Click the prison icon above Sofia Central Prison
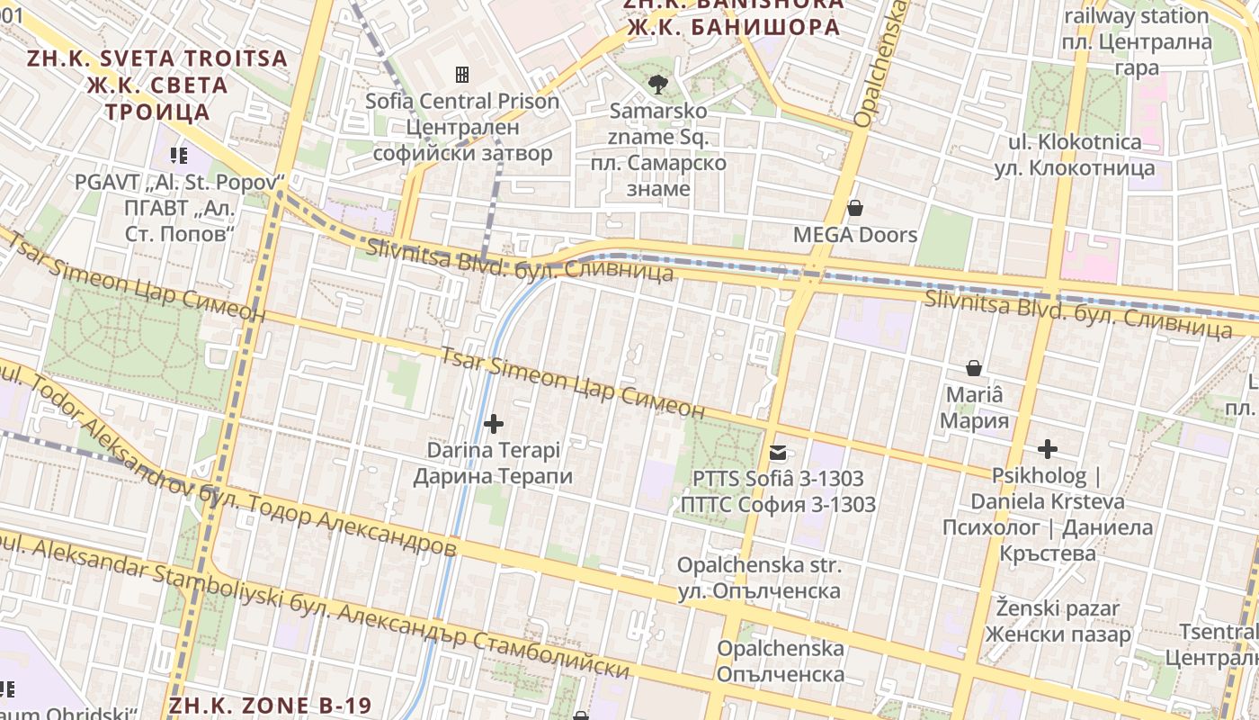pyautogui.click(x=462, y=74)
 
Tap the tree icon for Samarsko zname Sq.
pyautogui.click(x=658, y=85)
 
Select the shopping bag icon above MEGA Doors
pyautogui.click(x=854, y=209)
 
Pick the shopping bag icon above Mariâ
pyautogui.click(x=973, y=368)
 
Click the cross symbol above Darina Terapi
pyautogui.click(x=493, y=423)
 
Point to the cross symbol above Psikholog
pyautogui.click(x=1047, y=448)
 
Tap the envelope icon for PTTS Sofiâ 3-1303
pyautogui.click(x=777, y=453)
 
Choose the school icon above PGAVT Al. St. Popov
pyautogui.click(x=178, y=156)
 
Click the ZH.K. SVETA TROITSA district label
pyautogui.click(x=157, y=59)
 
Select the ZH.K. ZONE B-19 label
pyautogui.click(x=270, y=705)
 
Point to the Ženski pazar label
pyautogui.click(x=1058, y=609)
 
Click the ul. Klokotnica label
pyautogui.click(x=1075, y=142)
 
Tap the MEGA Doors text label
pyautogui.click(x=854, y=236)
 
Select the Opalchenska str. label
pyautogui.click(x=759, y=566)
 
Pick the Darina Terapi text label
pyautogui.click(x=493, y=450)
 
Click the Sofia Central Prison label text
pyautogui.click(x=462, y=102)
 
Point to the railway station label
pyautogui.click(x=1136, y=16)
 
